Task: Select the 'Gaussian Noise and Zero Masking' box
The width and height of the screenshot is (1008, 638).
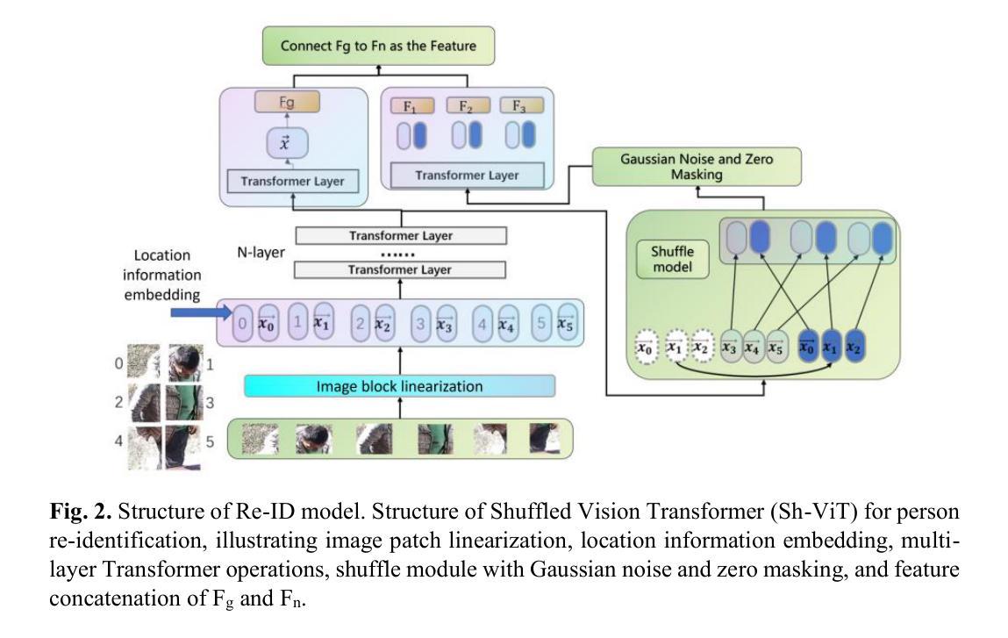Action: (x=697, y=166)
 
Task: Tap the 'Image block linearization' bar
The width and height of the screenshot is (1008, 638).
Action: (x=399, y=386)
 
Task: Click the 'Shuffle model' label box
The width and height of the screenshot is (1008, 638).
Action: (x=671, y=258)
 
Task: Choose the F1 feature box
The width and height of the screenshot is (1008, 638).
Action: (x=411, y=106)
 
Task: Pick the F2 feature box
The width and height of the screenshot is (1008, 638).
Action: (x=468, y=106)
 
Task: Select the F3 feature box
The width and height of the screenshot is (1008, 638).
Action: (x=523, y=106)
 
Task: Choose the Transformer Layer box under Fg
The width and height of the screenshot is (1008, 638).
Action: (x=286, y=182)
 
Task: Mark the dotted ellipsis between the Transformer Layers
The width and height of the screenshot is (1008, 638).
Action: (x=401, y=254)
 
